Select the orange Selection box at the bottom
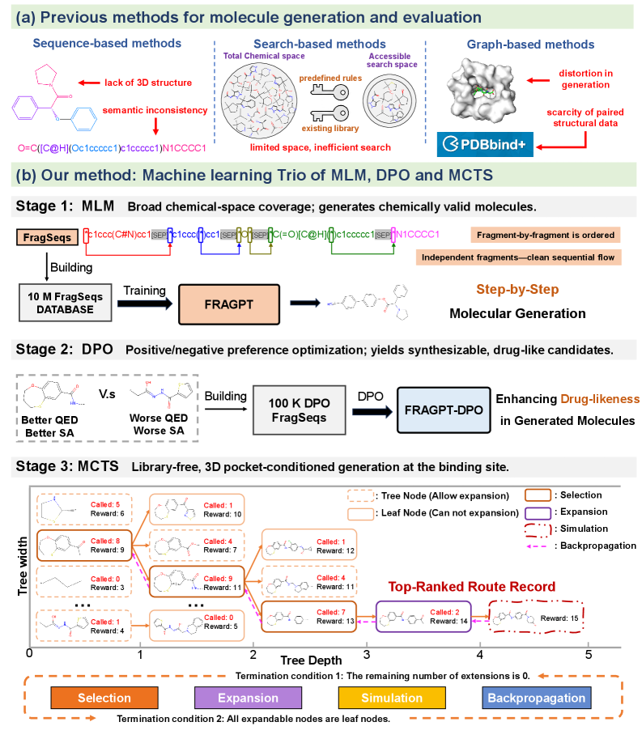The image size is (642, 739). pos(104,698)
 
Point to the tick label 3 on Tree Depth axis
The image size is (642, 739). pos(368,654)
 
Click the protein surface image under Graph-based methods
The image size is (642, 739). pos(483,84)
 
